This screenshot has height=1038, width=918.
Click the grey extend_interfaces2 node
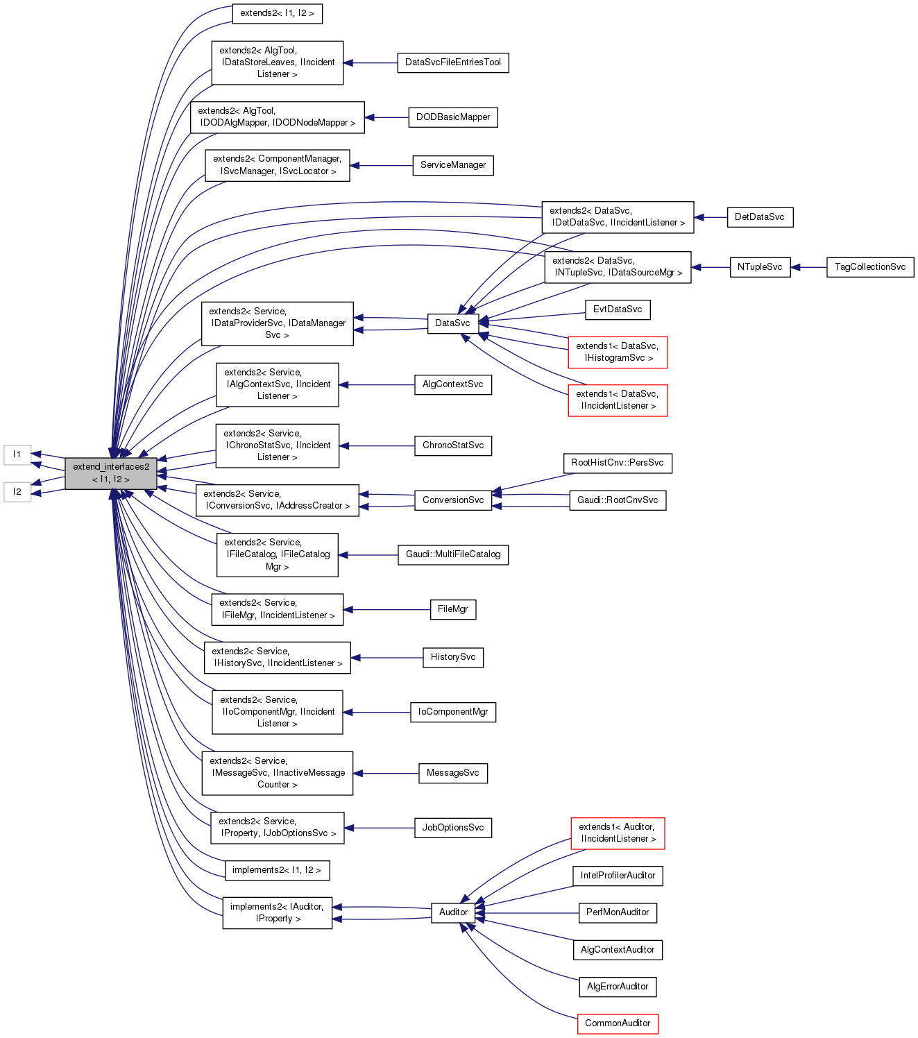tap(111, 473)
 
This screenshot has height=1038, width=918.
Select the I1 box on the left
tap(17, 454)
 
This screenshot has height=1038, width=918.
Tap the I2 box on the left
tap(17, 492)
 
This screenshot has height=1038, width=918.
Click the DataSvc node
tap(452, 323)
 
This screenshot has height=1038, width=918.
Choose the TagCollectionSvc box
tap(870, 267)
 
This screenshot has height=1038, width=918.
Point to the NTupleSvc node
tap(760, 267)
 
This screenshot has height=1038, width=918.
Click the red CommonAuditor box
tap(618, 1023)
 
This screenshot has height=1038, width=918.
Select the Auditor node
tap(453, 912)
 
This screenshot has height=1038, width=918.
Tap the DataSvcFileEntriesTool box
tap(452, 62)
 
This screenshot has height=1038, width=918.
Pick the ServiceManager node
tap(452, 165)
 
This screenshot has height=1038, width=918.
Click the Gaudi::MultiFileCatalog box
tap(452, 554)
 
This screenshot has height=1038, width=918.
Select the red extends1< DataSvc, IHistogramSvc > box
tap(618, 352)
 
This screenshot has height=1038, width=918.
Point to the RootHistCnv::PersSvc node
tap(617, 463)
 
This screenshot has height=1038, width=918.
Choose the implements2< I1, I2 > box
tap(277, 870)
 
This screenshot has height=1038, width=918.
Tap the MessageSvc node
tap(452, 773)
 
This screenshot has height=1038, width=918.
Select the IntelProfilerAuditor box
tap(618, 876)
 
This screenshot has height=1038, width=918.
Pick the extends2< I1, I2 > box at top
tap(277, 13)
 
